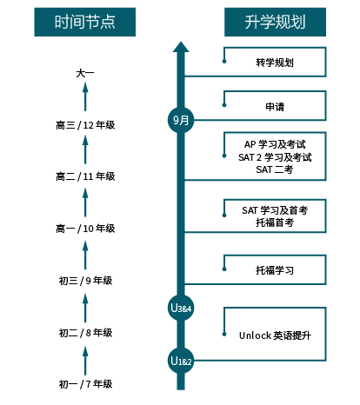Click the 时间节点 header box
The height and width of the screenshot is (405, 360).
click(x=85, y=22)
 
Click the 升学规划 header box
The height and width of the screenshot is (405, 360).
click(x=275, y=22)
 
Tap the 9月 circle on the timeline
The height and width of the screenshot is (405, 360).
click(x=181, y=120)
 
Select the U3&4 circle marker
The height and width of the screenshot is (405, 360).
click(x=181, y=308)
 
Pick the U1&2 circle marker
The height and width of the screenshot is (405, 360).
click(x=181, y=361)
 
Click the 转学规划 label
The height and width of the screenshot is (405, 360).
click(x=275, y=63)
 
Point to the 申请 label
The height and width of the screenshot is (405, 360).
click(x=275, y=107)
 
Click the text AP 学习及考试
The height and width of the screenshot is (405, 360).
click(x=275, y=144)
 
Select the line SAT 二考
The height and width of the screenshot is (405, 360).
click(x=275, y=169)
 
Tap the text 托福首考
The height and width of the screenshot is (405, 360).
click(x=275, y=222)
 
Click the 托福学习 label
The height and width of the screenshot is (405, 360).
click(x=275, y=270)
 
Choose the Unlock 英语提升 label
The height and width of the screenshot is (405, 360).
click(x=275, y=335)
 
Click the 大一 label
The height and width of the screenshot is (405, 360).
click(x=85, y=73)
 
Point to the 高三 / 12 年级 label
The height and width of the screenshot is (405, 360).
click(x=85, y=125)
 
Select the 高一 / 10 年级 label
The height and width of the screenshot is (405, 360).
click(x=85, y=229)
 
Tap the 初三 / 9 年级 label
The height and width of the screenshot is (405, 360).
click(x=85, y=281)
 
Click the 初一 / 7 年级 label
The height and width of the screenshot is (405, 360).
click(x=85, y=384)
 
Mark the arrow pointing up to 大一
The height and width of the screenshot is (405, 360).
click(x=85, y=96)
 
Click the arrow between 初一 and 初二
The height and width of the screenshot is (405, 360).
click(x=85, y=361)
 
